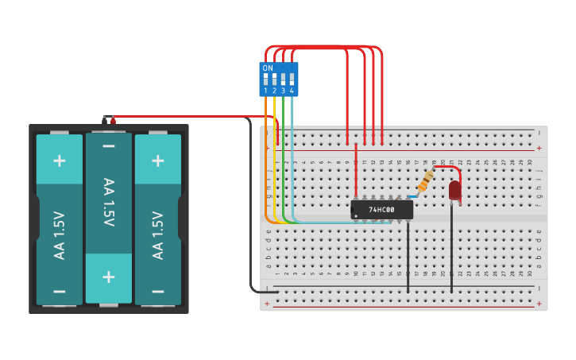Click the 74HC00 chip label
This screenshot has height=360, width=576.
pos(382,210)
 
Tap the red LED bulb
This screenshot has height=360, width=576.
pos(454,190)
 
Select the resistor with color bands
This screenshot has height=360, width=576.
pos(426,181)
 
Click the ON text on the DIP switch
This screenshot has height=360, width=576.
pos(268,68)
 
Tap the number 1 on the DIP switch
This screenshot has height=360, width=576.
pos(265,91)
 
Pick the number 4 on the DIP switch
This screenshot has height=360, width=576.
pos(292,91)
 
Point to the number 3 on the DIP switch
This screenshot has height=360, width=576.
pos(283,91)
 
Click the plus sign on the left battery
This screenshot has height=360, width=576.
pos(60,160)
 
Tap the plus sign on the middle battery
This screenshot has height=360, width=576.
pos(109,277)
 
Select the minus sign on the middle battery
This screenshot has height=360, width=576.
pos(109,147)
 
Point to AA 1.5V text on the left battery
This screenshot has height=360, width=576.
pos(60,235)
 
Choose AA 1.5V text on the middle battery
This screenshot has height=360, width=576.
pos(109,203)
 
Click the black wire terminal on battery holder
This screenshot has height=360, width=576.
pos(104,121)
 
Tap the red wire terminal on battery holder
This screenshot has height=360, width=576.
pos(113,121)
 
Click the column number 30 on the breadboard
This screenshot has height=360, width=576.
pos(530,162)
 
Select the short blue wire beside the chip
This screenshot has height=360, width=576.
pos(413,196)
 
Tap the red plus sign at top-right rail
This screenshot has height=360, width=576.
pos(539,148)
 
